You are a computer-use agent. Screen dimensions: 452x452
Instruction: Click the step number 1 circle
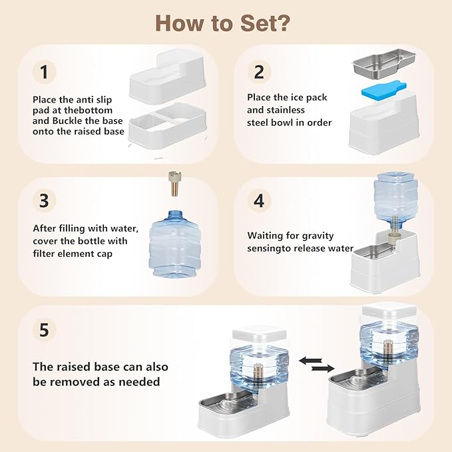point(44,72)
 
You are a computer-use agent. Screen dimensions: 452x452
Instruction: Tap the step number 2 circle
point(259,72)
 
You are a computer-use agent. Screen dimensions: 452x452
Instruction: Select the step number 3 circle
point(44,200)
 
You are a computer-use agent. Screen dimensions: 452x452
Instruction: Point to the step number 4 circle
point(259,200)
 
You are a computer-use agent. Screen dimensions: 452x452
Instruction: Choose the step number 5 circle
point(44,330)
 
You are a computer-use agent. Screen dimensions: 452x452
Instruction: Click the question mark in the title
point(280,23)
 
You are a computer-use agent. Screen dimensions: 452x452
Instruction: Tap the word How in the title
point(180,23)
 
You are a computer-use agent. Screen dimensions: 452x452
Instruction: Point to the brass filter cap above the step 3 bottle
point(175,184)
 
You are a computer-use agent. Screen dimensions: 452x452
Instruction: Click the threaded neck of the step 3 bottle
point(176,214)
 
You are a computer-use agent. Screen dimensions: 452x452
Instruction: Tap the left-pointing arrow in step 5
point(310,361)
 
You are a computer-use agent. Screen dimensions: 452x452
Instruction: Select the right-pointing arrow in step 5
point(323,368)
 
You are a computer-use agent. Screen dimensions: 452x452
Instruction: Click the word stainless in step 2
point(286,110)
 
